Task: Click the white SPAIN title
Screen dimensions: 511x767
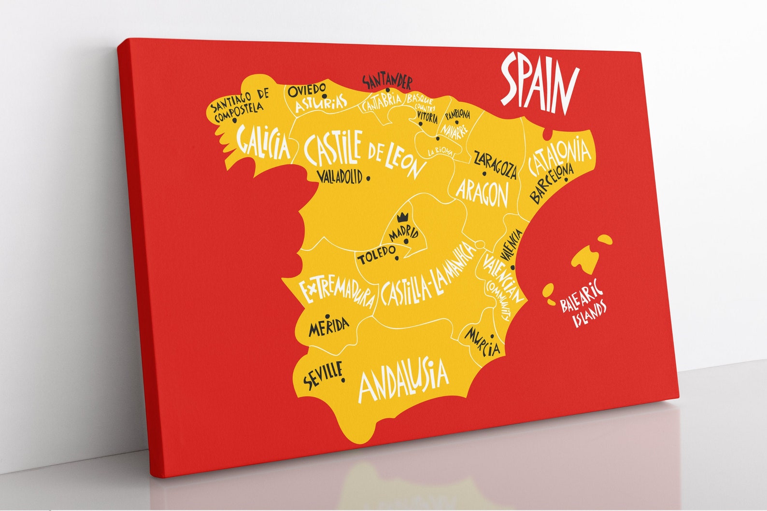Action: click(x=539, y=85)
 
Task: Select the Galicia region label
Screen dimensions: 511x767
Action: click(x=264, y=142)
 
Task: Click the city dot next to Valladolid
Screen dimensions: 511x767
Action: click(x=368, y=178)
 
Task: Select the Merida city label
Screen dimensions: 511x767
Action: click(x=329, y=327)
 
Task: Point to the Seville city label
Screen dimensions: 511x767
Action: click(x=323, y=375)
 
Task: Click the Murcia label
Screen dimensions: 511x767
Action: click(x=482, y=341)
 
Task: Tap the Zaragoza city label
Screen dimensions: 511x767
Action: click(x=495, y=165)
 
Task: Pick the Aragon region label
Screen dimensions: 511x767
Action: click(x=483, y=193)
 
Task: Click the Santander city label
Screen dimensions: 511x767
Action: click(x=387, y=82)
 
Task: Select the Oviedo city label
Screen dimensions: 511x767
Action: click(x=306, y=89)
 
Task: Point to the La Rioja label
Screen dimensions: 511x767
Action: click(x=440, y=151)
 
